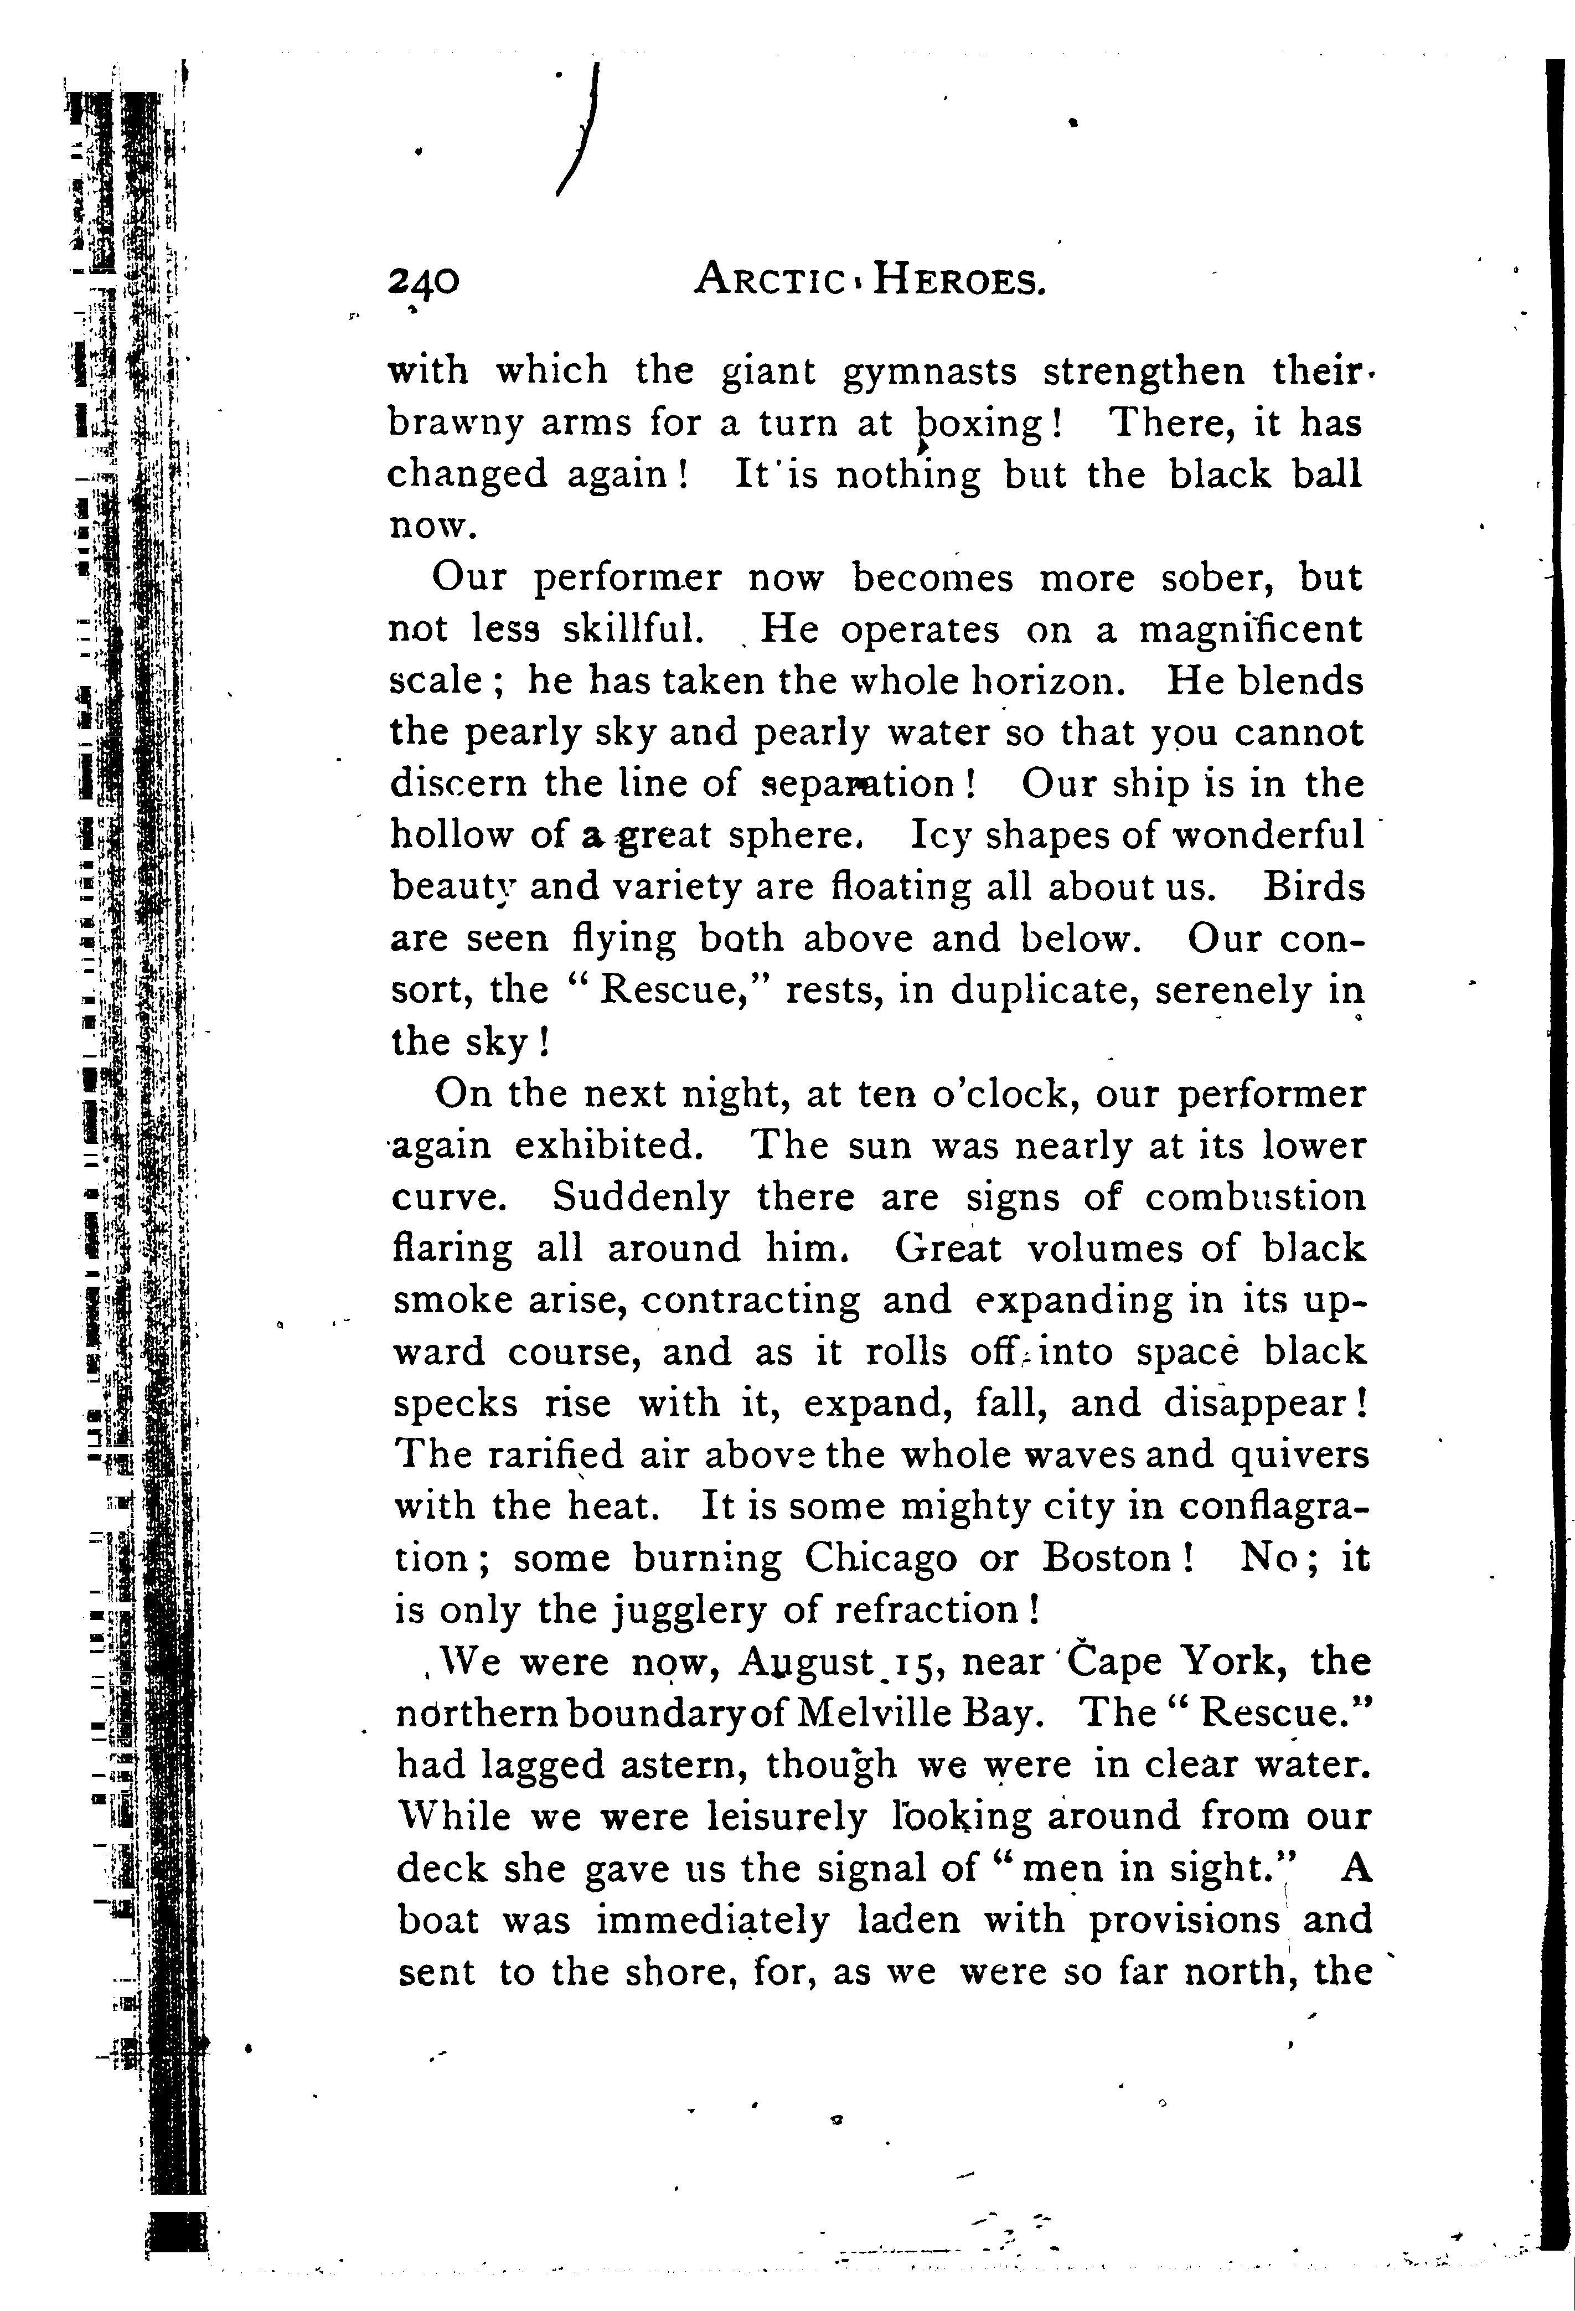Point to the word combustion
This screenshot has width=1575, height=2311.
(1256, 1197)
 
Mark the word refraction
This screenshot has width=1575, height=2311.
(924, 1609)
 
